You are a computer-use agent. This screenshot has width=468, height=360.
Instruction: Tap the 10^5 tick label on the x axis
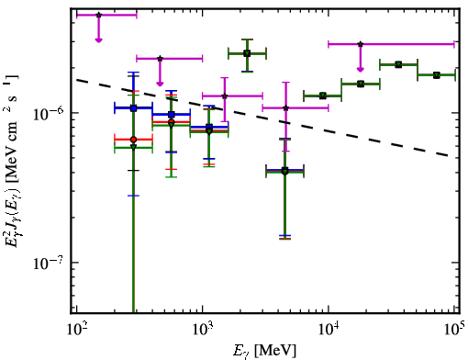[454, 329]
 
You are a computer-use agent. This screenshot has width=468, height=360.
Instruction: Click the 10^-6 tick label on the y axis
[49, 113]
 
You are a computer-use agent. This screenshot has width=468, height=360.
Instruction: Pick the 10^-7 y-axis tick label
[49, 263]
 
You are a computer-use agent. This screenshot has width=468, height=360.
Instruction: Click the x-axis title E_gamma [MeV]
[264, 351]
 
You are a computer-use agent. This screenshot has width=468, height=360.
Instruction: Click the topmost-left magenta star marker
[98, 15]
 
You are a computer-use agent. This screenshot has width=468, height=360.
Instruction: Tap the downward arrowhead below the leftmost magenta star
[98, 40]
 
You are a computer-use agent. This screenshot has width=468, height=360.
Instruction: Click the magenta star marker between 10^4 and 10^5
[361, 44]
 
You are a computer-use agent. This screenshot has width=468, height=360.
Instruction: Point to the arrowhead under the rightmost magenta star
[361, 70]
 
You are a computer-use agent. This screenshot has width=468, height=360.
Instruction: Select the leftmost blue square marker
[133, 108]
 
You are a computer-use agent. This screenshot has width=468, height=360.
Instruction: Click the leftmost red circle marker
[133, 140]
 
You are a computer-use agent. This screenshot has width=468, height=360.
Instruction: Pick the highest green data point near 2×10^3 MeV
[247, 53]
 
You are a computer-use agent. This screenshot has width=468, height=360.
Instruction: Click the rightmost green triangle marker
[437, 75]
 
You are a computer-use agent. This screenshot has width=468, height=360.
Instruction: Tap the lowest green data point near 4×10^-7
[285, 171]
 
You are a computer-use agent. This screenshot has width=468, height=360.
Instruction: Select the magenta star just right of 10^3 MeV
[225, 96]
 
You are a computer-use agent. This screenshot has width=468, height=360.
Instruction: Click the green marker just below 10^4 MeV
[323, 96]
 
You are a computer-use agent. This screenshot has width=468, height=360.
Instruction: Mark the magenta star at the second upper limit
[160, 59]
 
